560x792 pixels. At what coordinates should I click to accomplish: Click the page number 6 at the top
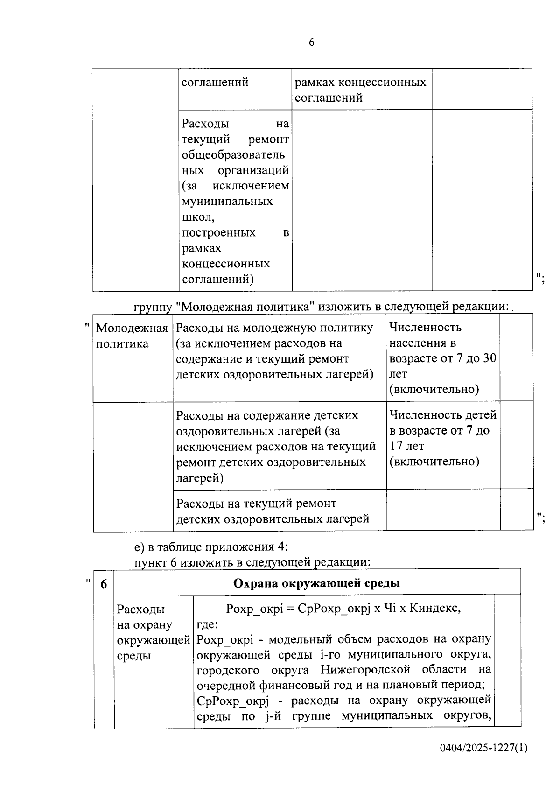312,42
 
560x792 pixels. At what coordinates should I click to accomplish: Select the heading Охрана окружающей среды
316,583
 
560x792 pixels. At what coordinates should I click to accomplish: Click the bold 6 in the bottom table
104,584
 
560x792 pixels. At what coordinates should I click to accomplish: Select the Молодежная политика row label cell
132,336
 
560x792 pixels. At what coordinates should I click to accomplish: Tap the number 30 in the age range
490,358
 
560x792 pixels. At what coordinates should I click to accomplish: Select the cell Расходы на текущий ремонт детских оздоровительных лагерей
273,511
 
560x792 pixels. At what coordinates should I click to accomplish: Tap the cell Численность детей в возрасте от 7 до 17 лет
442,438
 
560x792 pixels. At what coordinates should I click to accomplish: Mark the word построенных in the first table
219,232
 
